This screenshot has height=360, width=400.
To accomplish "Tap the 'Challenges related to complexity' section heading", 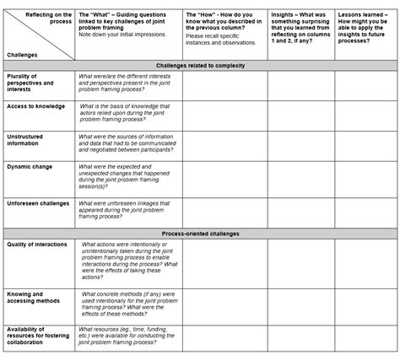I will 201,65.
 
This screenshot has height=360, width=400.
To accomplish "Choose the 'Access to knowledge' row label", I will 35,106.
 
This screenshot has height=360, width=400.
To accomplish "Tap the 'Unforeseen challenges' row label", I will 38,203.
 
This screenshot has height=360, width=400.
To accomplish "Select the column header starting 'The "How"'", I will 224,25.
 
